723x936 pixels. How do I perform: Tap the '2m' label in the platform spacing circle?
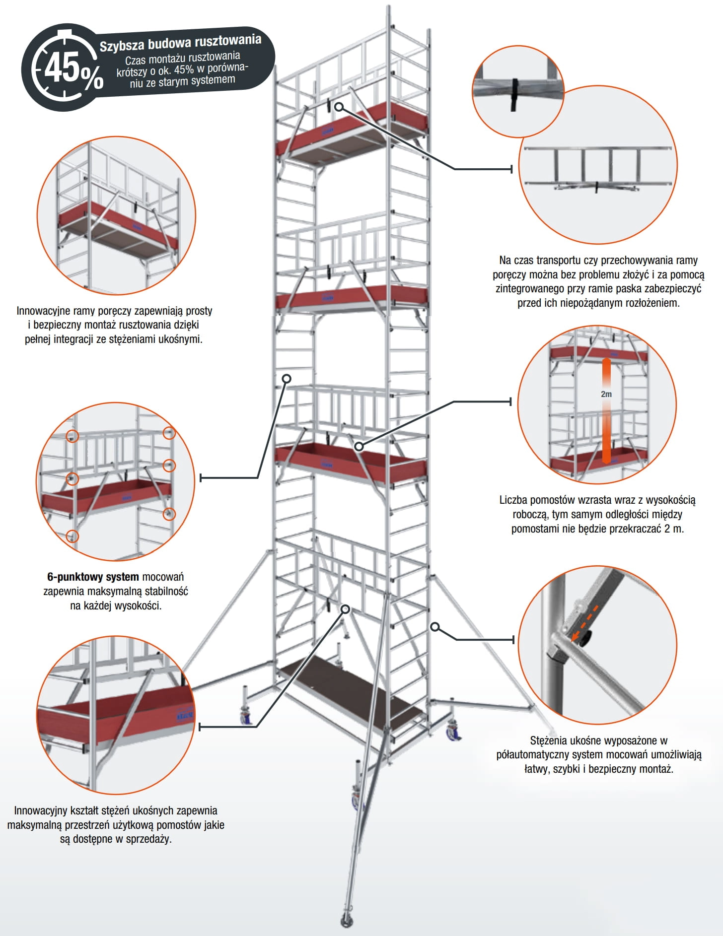click(x=606, y=394)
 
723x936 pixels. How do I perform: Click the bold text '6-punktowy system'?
click(x=93, y=577)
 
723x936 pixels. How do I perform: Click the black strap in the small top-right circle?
click(x=514, y=94)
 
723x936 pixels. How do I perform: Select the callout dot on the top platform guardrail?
click(x=339, y=107)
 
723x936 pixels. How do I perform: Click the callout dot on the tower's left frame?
click(x=287, y=379)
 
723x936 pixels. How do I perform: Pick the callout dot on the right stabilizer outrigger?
click(x=434, y=627)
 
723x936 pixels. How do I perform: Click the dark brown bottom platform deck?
click(x=348, y=690)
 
